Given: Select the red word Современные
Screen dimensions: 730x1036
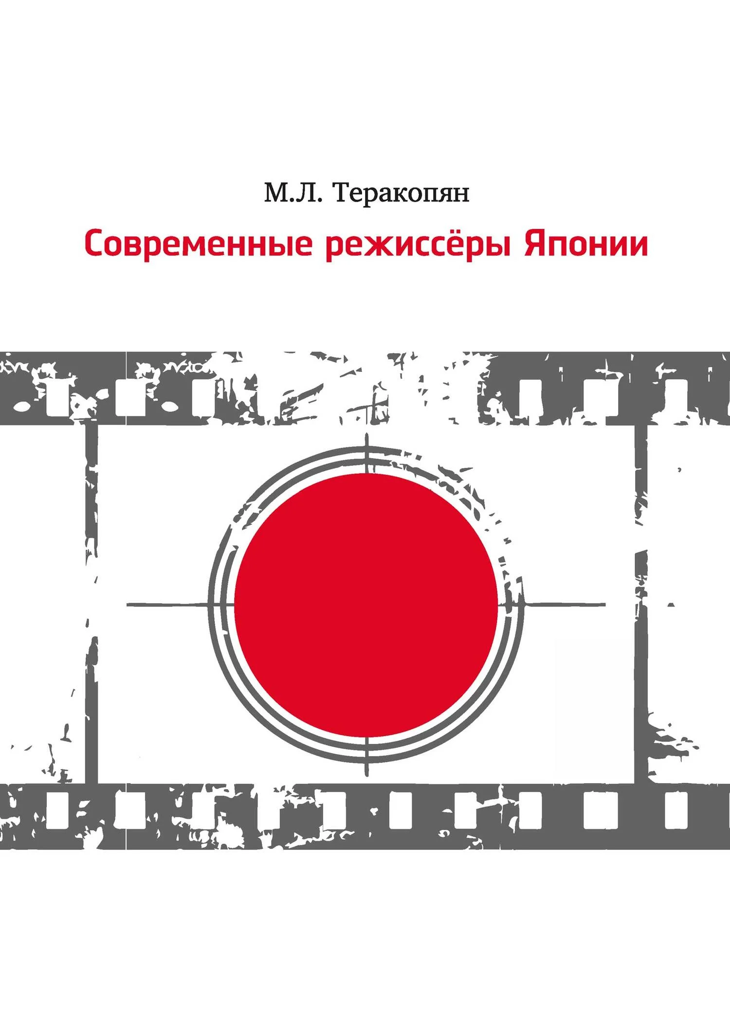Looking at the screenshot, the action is point(199,244).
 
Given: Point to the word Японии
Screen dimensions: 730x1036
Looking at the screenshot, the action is point(586,244).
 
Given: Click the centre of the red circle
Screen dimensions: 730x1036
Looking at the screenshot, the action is point(366,605).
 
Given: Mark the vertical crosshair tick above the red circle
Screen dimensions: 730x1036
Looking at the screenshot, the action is point(366,453).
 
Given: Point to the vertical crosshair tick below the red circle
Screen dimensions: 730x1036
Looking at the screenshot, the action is point(366,757).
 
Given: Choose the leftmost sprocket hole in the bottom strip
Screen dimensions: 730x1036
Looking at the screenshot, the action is point(57,810).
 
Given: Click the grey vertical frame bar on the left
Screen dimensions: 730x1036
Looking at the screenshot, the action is point(91,604).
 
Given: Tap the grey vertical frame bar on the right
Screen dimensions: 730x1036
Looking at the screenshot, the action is point(641,604).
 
